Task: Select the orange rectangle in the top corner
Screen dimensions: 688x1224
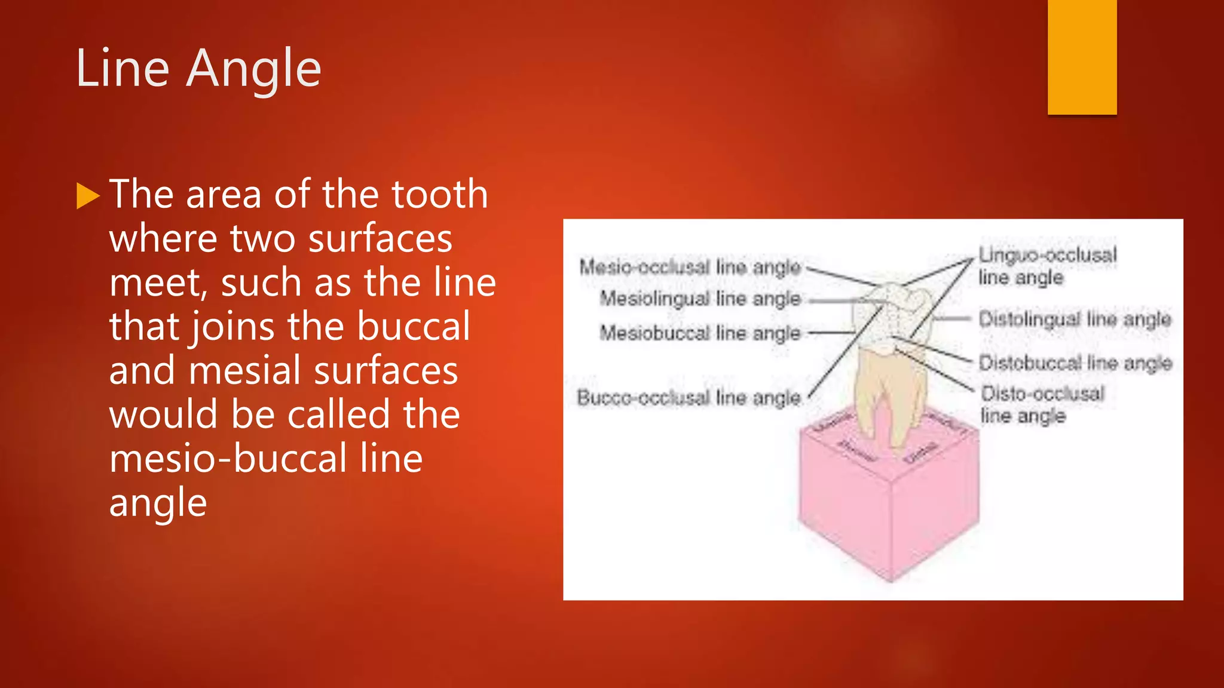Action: click(x=1082, y=57)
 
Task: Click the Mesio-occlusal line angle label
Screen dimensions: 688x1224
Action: click(x=690, y=267)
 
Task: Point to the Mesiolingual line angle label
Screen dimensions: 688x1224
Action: click(x=700, y=298)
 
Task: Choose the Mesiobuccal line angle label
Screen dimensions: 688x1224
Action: click(x=700, y=333)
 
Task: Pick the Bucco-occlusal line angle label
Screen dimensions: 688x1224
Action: click(x=688, y=397)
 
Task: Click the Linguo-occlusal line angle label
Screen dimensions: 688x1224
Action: click(x=1047, y=266)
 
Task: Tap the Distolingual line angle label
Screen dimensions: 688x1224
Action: click(x=1075, y=319)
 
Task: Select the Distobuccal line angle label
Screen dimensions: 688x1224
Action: click(x=1075, y=363)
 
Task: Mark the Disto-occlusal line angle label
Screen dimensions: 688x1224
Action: click(x=1042, y=404)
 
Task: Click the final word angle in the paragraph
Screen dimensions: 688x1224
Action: click(x=158, y=503)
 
